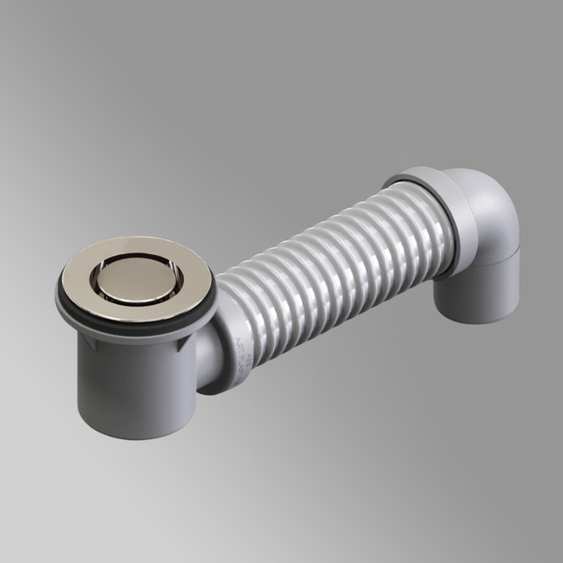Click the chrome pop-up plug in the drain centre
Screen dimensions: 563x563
(136, 277)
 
